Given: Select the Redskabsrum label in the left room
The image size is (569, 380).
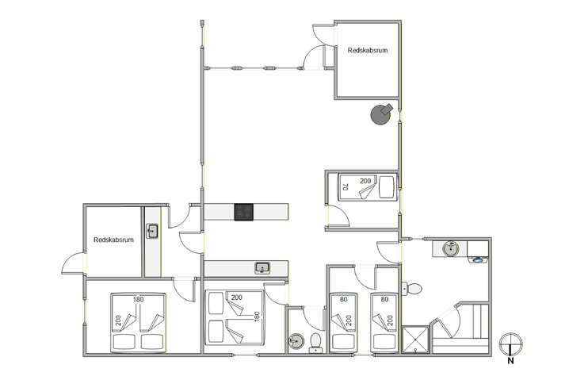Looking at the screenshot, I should (x=113, y=240).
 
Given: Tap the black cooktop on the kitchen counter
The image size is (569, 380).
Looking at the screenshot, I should (x=244, y=212).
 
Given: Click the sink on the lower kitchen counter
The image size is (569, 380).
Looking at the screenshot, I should (x=262, y=268).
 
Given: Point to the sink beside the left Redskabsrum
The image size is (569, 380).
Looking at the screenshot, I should (x=152, y=232).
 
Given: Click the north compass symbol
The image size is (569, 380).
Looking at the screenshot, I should (x=511, y=344).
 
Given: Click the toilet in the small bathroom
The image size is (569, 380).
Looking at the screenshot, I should (x=315, y=342).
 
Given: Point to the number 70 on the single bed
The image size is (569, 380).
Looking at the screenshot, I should (x=345, y=188).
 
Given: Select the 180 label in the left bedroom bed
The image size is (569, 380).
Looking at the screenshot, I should (x=138, y=300).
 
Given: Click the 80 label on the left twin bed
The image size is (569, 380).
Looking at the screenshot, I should (x=342, y=300).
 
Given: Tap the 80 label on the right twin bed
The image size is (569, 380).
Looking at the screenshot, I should (x=384, y=300).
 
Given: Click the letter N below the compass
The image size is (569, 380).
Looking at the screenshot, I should (x=511, y=361).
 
